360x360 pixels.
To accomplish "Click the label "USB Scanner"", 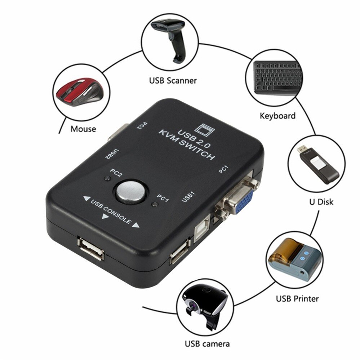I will [x=173, y=80].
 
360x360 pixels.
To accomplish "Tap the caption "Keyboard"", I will [x=277, y=116].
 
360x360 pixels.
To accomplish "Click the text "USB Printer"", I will [x=297, y=298].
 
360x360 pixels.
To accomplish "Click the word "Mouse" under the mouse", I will [x=83, y=129].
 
